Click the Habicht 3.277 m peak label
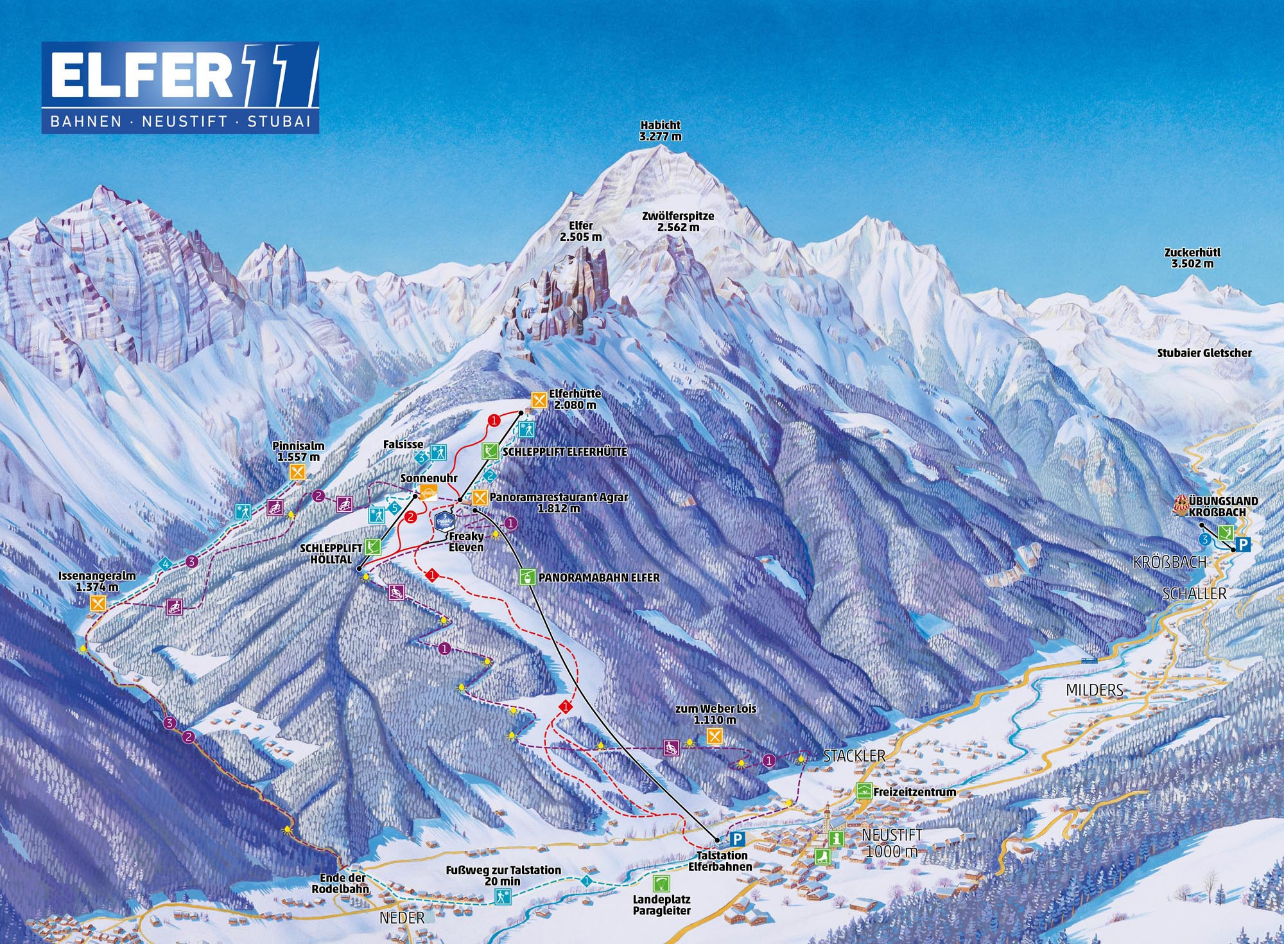click(x=660, y=130)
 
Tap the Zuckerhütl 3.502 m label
click(x=1192, y=258)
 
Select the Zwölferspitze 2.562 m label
click(x=678, y=222)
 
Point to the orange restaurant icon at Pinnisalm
click(x=297, y=472)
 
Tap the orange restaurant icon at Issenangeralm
click(x=98, y=603)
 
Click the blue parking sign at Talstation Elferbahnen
click(x=738, y=839)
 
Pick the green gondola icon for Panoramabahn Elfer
click(x=527, y=577)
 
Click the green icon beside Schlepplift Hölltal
click(x=372, y=547)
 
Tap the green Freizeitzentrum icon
click(x=863, y=791)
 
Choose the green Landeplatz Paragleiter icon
click(x=661, y=882)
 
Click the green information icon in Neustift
click(x=835, y=838)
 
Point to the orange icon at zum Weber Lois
click(x=715, y=736)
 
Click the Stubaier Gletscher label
click(x=1204, y=353)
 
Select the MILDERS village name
click(x=1095, y=690)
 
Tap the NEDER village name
click(x=402, y=918)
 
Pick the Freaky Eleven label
click(x=466, y=541)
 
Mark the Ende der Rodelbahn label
click(x=341, y=883)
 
